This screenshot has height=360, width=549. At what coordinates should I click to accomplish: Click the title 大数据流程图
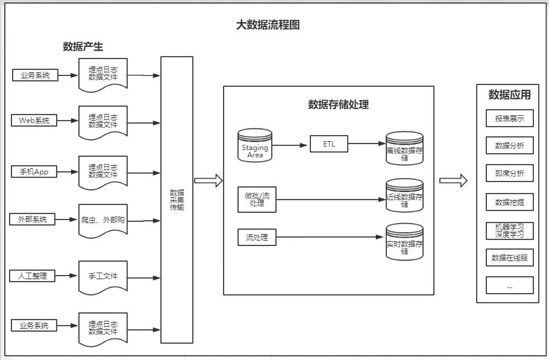pyautogui.click(x=268, y=25)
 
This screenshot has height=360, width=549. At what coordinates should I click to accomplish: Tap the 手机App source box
pyautogui.click(x=34, y=172)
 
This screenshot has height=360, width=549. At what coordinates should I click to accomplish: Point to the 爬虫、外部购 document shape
pyautogui.click(x=103, y=221)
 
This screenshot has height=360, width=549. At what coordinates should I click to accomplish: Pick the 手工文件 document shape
pyautogui.click(x=103, y=277)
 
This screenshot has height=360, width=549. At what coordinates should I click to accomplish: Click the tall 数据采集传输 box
pyautogui.click(x=177, y=200)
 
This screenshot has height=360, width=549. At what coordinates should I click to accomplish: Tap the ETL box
pyautogui.click(x=329, y=144)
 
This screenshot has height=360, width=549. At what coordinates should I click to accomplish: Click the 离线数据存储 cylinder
pyautogui.click(x=405, y=149)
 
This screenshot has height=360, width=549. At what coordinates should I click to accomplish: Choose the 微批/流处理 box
pyautogui.click(x=257, y=200)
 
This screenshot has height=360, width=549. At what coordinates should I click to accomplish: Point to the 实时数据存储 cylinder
pyautogui.click(x=405, y=242)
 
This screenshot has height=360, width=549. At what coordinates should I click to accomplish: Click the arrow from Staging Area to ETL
pyautogui.click(x=291, y=145)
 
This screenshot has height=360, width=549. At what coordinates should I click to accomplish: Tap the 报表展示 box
pyautogui.click(x=509, y=118)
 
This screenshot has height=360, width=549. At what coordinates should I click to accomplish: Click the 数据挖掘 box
pyautogui.click(x=509, y=202)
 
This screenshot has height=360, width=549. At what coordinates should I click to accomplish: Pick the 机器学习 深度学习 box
pyautogui.click(x=509, y=230)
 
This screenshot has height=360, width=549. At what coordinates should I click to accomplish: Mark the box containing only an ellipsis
pyautogui.click(x=509, y=285)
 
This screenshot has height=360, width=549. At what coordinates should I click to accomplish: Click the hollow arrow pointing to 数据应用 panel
pyautogui.click(x=453, y=180)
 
